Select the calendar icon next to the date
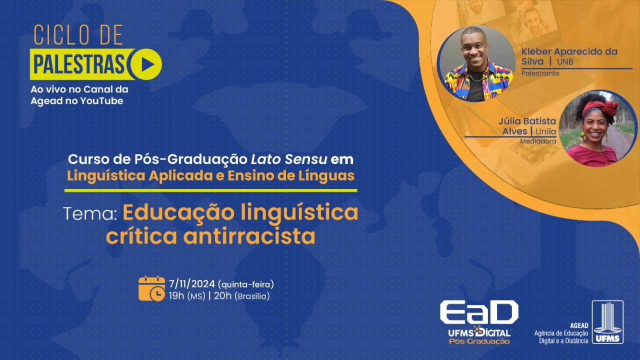pyautogui.click(x=151, y=289)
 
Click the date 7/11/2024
pyautogui.click(x=192, y=284)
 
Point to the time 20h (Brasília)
pyautogui.click(x=241, y=296)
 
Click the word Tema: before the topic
pyautogui.click(x=90, y=213)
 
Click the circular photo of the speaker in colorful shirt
pyautogui.click(x=476, y=63)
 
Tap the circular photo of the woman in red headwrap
pyautogui.click(x=597, y=128)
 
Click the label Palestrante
pyautogui.click(x=540, y=73)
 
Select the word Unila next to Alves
pyautogui.click(x=546, y=131)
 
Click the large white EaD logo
pyautogui.click(x=478, y=313)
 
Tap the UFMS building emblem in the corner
pyautogui.click(x=607, y=322)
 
